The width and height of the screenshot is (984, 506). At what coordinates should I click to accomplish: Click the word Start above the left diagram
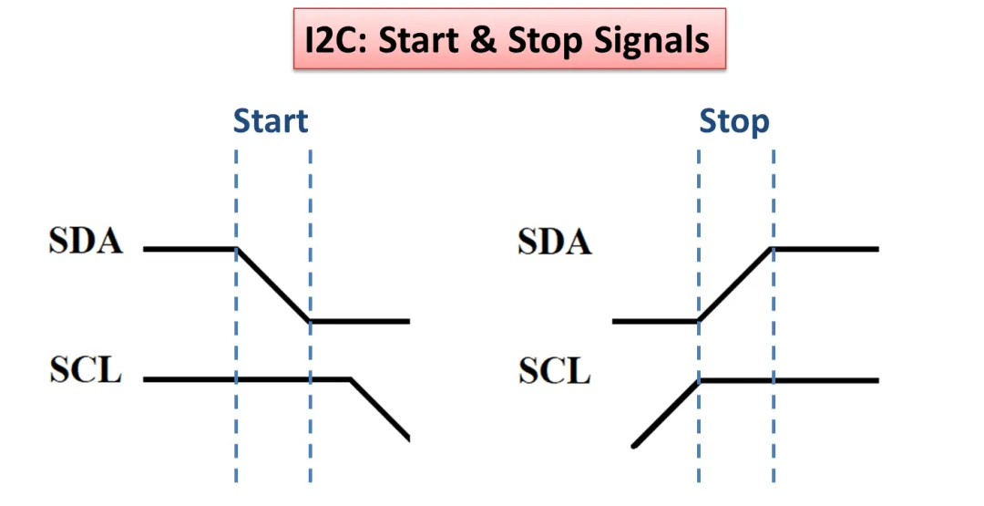pos(271,121)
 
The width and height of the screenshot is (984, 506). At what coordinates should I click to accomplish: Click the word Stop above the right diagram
pos(734,121)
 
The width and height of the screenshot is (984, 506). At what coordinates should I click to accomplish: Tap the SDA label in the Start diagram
pos(86,243)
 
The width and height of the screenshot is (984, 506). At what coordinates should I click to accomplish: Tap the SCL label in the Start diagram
pos(86,372)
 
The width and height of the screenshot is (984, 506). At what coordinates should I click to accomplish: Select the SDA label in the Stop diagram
pos(555,242)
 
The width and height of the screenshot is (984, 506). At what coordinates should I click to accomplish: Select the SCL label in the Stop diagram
pos(555,372)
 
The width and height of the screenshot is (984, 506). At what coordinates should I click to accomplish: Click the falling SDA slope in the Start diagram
pos(273,285)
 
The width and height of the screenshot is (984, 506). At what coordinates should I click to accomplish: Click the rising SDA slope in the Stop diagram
pos(736,285)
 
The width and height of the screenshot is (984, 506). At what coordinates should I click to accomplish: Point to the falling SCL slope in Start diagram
pos(381,408)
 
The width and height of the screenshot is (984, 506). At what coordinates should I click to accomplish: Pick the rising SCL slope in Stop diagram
pos(665,413)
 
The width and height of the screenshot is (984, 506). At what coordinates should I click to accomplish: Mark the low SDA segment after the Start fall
pos(360,322)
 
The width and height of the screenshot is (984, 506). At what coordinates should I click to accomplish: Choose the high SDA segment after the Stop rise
pos(825,248)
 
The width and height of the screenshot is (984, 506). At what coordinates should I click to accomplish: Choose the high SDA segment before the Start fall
pos(190,248)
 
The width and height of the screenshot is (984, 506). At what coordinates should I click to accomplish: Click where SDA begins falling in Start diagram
pos(237,249)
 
